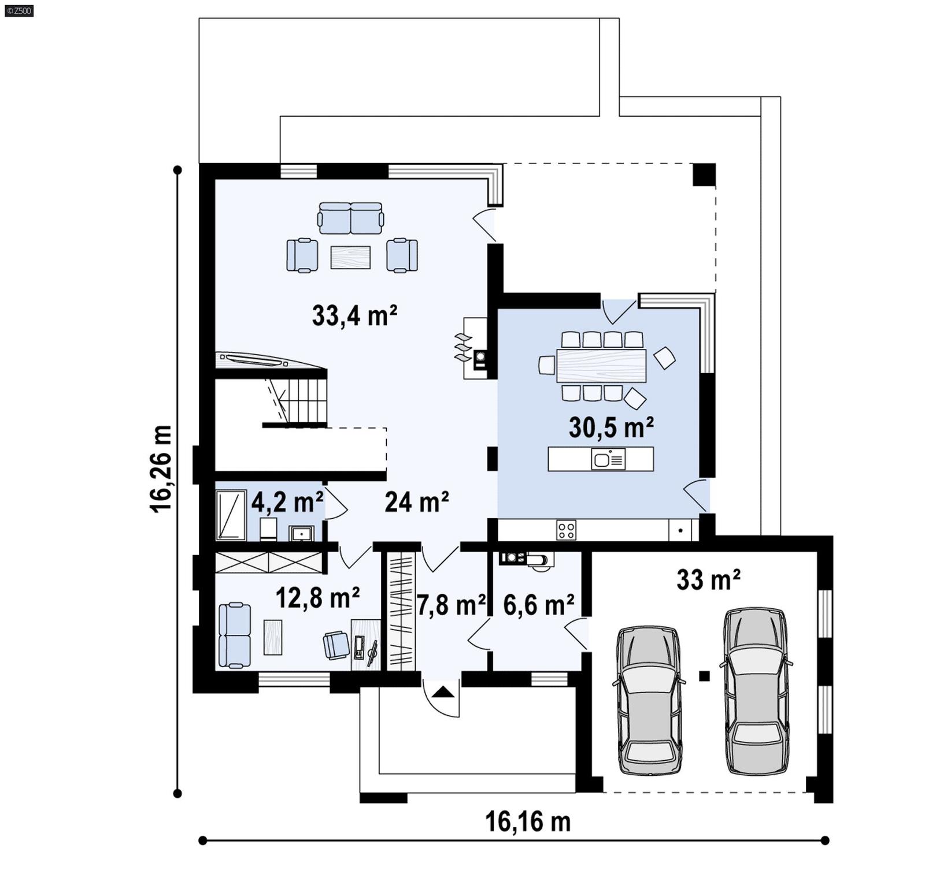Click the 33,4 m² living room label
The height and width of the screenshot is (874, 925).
(354, 316)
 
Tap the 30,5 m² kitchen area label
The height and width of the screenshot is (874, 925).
(611, 428)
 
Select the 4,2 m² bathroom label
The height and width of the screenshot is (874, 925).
(287, 503)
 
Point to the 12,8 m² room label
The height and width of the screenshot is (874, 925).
(317, 598)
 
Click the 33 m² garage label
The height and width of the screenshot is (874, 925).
(708, 579)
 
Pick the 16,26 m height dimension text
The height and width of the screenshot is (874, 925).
(161, 468)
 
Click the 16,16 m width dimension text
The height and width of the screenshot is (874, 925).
(527, 821)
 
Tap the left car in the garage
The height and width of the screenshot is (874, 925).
(648, 700)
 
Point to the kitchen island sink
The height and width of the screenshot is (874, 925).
(608, 460)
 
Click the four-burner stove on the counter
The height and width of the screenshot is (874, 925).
(566, 530)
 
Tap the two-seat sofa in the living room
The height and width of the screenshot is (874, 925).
(350, 218)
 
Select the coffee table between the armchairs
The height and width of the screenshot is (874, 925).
(350, 258)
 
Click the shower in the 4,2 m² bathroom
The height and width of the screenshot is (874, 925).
(231, 515)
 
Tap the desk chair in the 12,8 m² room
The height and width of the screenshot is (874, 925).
(336, 645)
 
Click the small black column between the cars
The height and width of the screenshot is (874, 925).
(704, 675)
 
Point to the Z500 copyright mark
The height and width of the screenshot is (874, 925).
(18, 10)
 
